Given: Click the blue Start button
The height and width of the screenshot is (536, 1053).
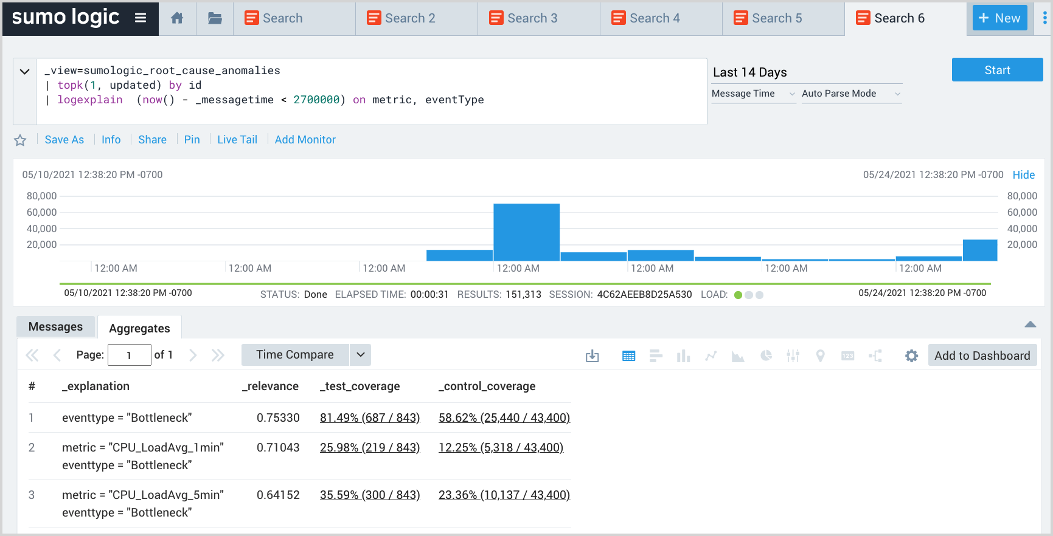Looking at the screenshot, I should [996, 70].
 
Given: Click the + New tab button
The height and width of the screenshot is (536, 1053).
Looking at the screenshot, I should [999, 18].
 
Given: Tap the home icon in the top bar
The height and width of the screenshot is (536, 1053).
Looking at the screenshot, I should [177, 18].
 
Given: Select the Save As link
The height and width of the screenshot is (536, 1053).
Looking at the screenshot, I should [64, 140].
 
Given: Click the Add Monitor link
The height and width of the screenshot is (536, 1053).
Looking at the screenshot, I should [305, 140].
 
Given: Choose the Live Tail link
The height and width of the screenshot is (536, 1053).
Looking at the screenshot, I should [237, 140].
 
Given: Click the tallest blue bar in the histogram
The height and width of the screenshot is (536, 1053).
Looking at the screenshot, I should [526, 232].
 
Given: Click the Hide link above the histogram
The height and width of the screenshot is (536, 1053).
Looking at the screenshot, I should [1023, 175].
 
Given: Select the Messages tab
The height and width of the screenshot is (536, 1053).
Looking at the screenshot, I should [55, 327].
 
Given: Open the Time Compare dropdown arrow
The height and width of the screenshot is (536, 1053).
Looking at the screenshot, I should [360, 355].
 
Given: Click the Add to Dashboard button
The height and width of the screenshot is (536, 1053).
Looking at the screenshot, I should [982, 356].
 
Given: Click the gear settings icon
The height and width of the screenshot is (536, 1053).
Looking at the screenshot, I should [911, 356].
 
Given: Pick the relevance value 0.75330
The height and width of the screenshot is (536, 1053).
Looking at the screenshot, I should [278, 418].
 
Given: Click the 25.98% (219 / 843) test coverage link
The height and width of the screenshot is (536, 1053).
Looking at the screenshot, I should [369, 448].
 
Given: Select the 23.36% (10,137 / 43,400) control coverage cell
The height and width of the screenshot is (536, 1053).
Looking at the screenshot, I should [504, 495].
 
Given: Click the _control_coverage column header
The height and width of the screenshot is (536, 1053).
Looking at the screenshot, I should [487, 387].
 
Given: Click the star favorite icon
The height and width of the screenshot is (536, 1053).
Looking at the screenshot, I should [20, 140].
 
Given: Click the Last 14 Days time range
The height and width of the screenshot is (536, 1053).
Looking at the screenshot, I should [749, 72].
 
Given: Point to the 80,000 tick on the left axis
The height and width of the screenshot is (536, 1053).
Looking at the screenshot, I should [41, 196].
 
